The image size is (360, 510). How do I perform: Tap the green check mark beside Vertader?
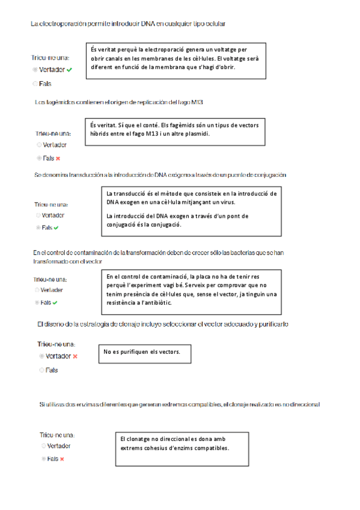[70, 70]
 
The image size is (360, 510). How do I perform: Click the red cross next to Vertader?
[75, 356]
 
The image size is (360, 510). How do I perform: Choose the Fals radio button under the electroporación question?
[35, 84]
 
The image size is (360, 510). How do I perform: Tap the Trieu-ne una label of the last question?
[58, 434]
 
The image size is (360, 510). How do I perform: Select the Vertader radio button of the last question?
[43, 446]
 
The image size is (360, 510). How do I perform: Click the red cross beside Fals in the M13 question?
[58, 158]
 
